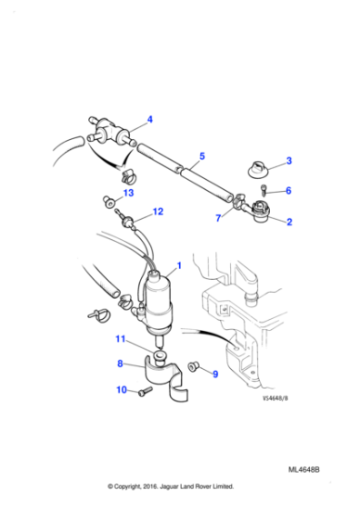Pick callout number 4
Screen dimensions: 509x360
(x=150, y=119)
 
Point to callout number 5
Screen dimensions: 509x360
(x=202, y=155)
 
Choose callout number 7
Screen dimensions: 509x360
(x=218, y=219)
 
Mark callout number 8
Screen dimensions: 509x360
(x=120, y=364)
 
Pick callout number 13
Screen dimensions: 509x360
(x=128, y=194)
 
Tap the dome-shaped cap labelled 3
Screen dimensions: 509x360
(x=255, y=167)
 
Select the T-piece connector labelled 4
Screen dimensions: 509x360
(x=108, y=127)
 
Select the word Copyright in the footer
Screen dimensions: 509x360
(x=140, y=485)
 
